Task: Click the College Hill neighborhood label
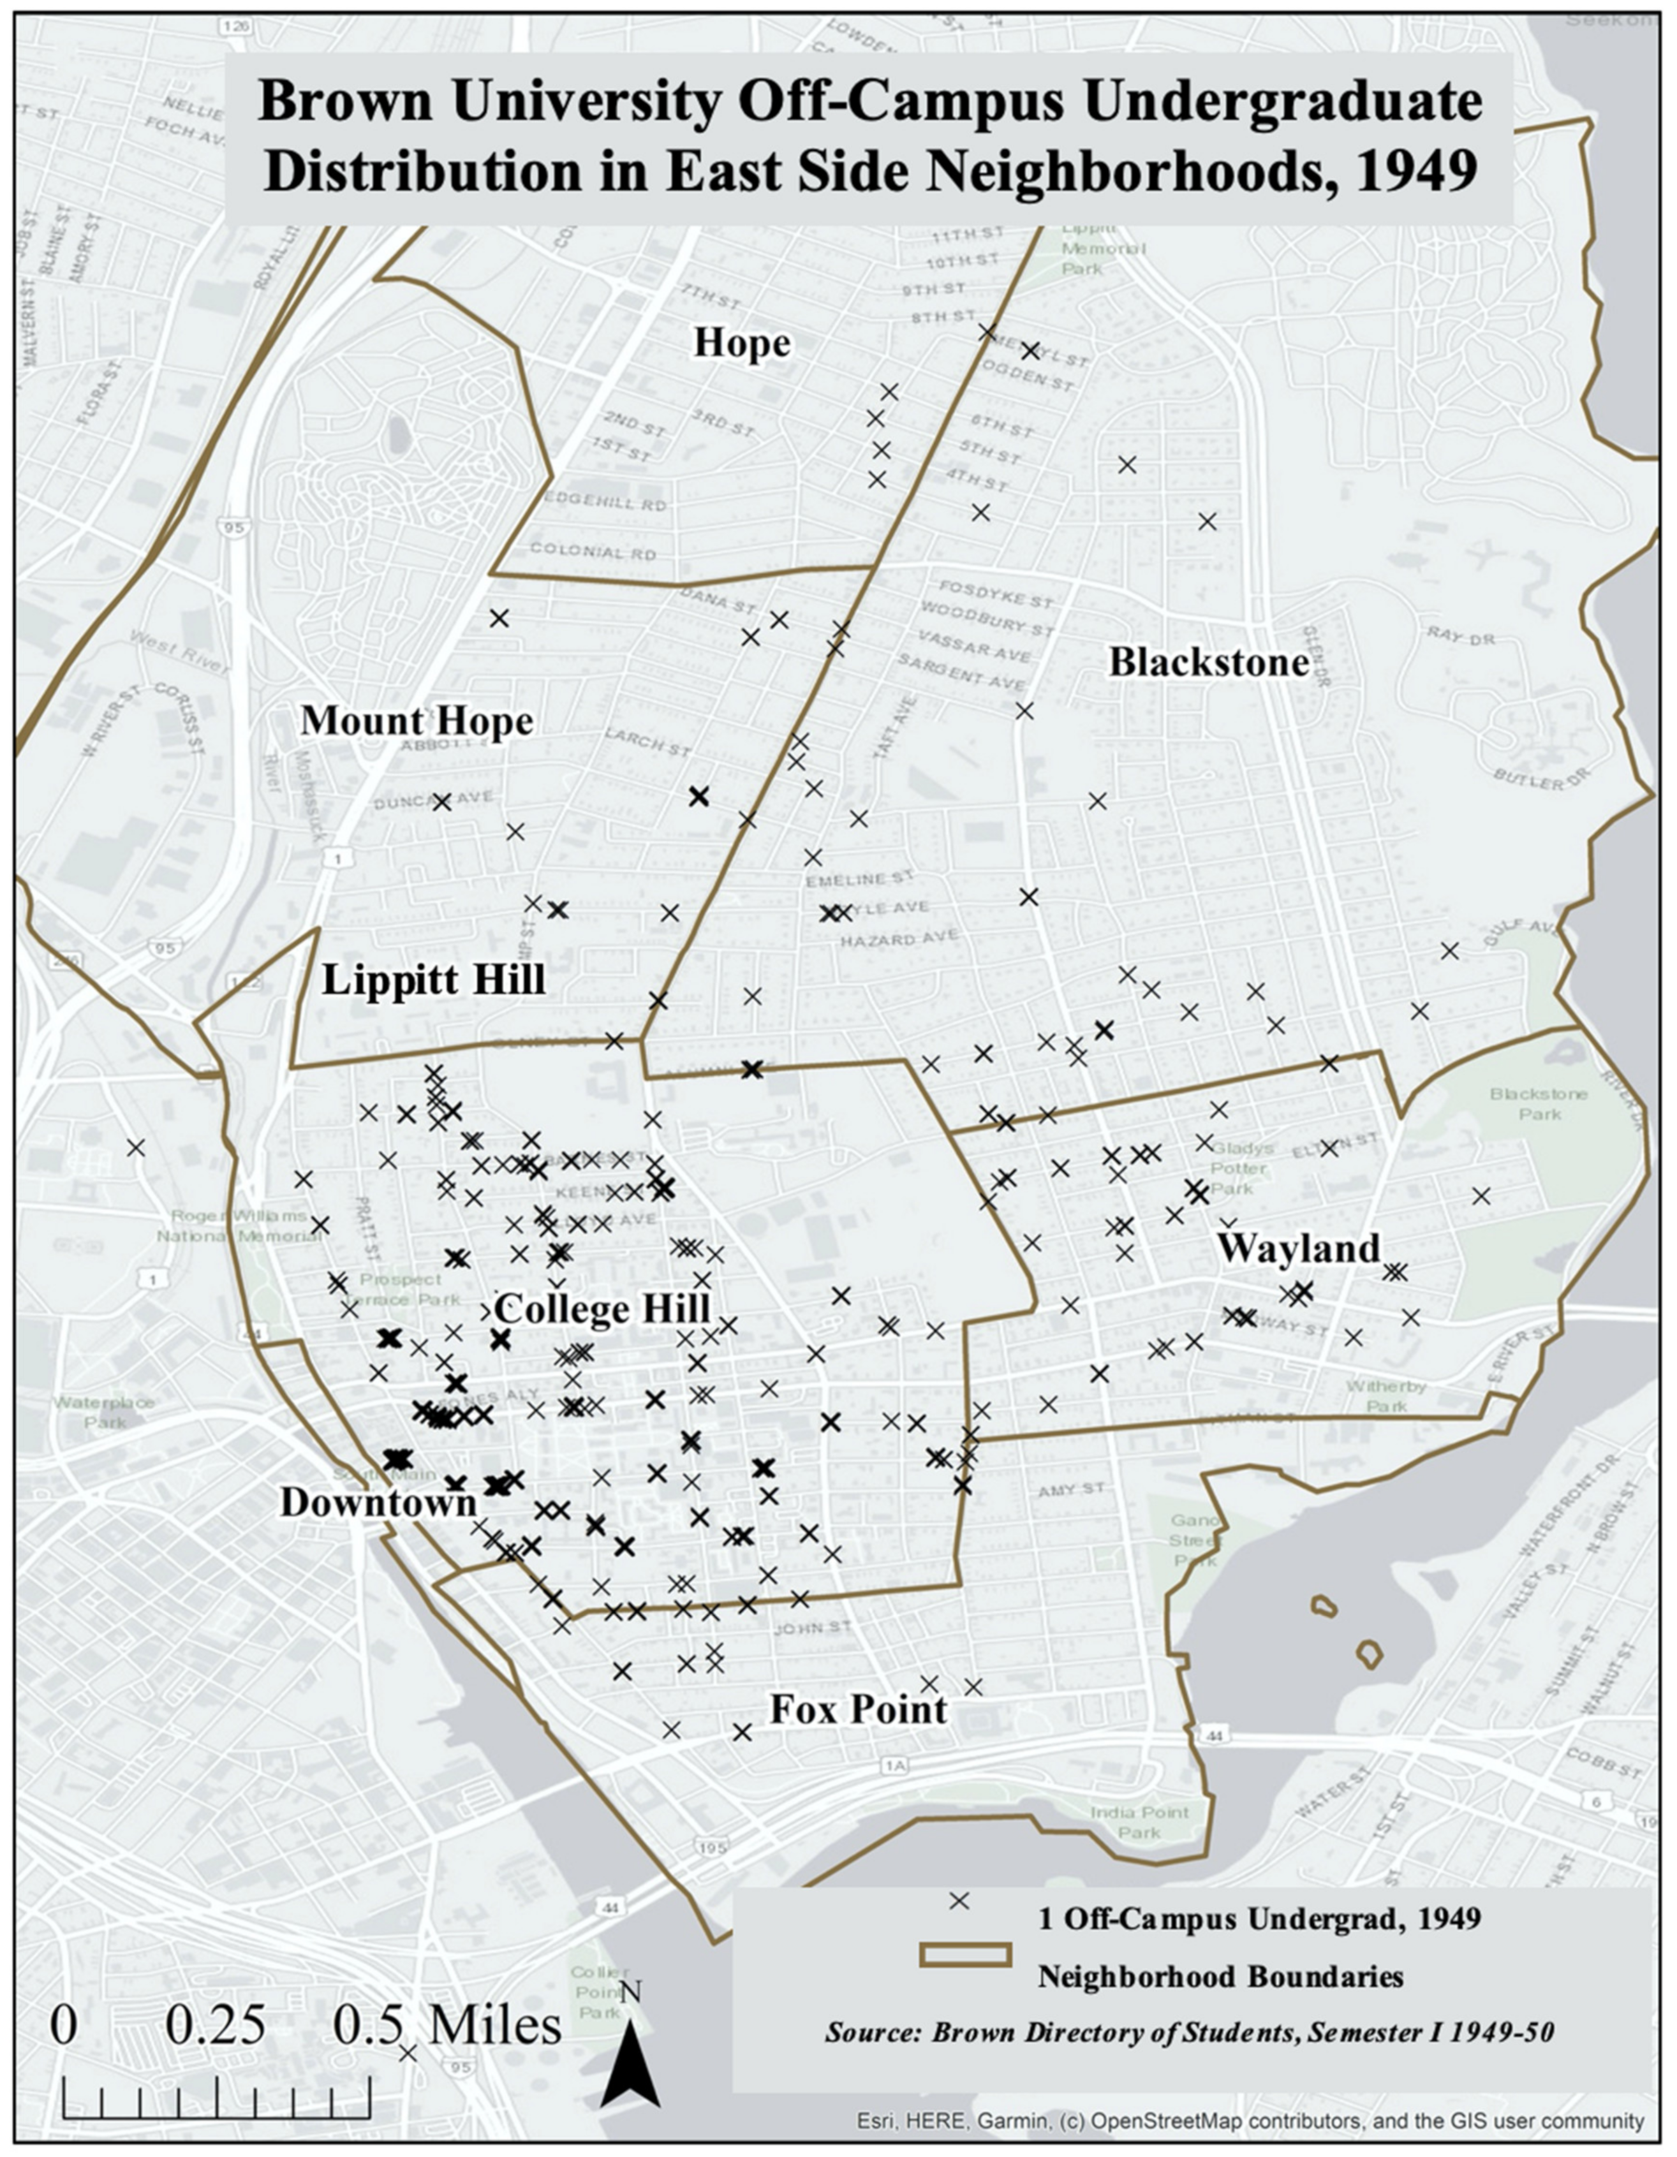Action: click(602, 1309)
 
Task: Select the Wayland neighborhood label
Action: click(1297, 1248)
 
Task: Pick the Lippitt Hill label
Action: click(434, 981)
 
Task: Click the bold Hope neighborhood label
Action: click(742, 344)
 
